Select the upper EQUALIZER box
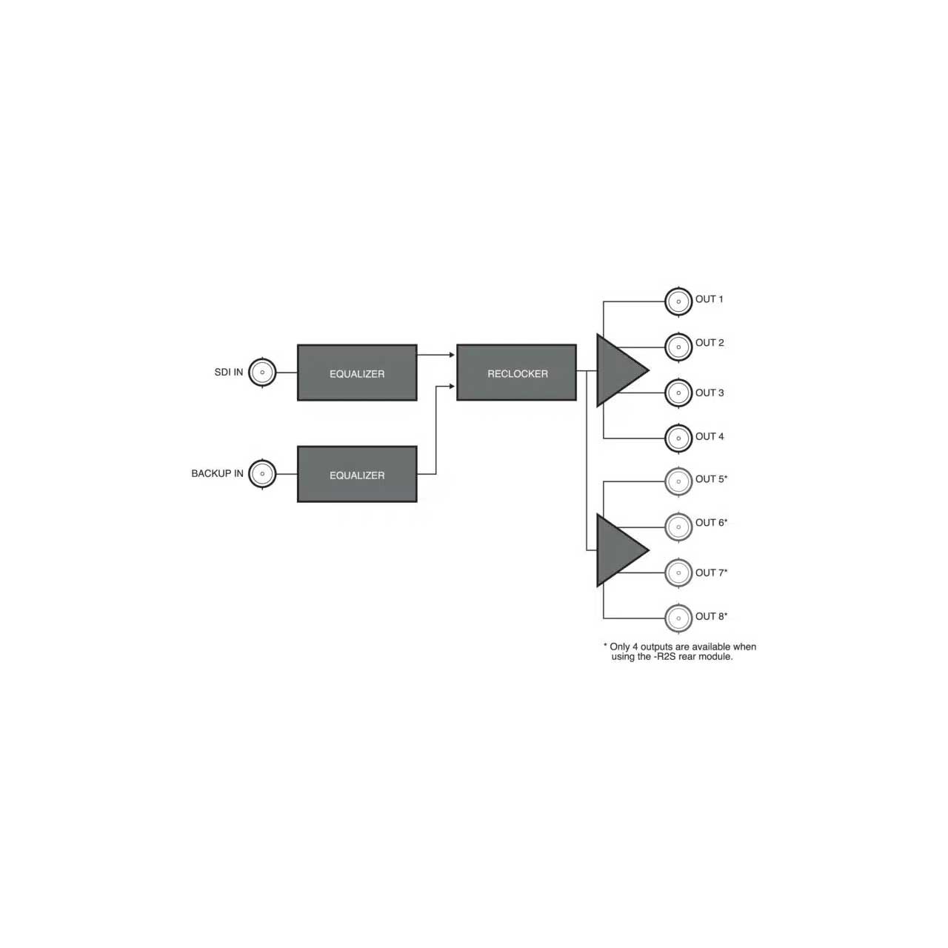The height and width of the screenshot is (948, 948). coord(357,373)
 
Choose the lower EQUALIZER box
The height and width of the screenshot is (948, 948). coord(357,474)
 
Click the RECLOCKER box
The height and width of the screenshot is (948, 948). coord(516,373)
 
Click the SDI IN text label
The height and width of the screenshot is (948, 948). coord(229,372)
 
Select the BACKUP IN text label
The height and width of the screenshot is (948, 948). coord(218,473)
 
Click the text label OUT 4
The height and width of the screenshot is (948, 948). coord(710,436)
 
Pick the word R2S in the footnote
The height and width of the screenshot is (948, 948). coord(667,656)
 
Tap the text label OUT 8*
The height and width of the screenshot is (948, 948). coord(711,616)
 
